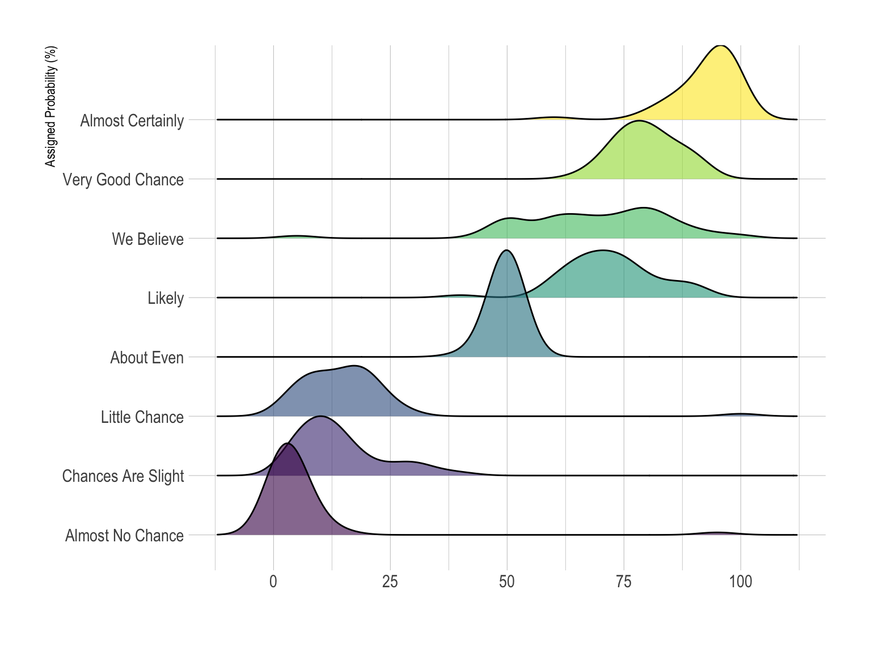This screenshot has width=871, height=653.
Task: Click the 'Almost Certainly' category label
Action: pyautogui.click(x=132, y=121)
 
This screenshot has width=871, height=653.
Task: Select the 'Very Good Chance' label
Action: pyautogui.click(x=123, y=180)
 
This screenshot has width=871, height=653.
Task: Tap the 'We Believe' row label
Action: pyautogui.click(x=147, y=239)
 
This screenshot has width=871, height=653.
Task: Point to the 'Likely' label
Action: pyautogui.click(x=166, y=298)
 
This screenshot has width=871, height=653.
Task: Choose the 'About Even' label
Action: pyautogui.click(x=147, y=358)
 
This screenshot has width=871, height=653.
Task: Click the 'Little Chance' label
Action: pyautogui.click(x=142, y=417)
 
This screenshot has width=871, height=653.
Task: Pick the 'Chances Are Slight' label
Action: pyautogui.click(x=123, y=476)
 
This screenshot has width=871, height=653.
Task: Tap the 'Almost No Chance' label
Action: pyautogui.click(x=124, y=536)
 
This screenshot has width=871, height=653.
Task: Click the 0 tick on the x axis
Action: pyautogui.click(x=273, y=582)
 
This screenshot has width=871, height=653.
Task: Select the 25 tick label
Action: pyautogui.click(x=390, y=582)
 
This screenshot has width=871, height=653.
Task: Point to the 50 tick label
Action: pyautogui.click(x=507, y=582)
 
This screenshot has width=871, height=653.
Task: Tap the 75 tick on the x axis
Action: pyautogui.click(x=624, y=582)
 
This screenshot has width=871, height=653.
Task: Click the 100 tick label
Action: pyautogui.click(x=741, y=582)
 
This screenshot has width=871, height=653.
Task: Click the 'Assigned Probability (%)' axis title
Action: pyautogui.click(x=51, y=107)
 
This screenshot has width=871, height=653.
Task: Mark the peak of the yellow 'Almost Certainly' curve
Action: pyautogui.click(x=720, y=45)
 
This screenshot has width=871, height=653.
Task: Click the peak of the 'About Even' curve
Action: pyautogui.click(x=506, y=251)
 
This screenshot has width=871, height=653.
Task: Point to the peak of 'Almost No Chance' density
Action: pyautogui.click(x=288, y=444)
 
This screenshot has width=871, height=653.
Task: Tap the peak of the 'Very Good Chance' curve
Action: pyautogui.click(x=639, y=121)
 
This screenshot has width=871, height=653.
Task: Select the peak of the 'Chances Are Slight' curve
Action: pyautogui.click(x=320, y=417)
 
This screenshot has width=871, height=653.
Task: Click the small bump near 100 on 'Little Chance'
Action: pyautogui.click(x=740, y=414)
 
